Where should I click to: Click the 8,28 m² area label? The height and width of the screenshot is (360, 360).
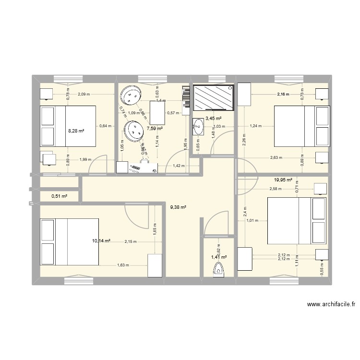tap(76, 130)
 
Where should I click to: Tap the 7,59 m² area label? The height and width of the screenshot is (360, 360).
tap(155, 129)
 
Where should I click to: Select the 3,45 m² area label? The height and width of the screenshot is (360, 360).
tap(213, 118)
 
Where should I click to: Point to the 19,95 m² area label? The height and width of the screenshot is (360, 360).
tap(283, 180)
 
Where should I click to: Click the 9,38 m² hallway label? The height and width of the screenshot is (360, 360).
tap(178, 207)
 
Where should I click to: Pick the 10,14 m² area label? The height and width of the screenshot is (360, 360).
tap(101, 240)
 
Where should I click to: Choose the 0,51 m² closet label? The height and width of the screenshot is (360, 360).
tap(59, 195)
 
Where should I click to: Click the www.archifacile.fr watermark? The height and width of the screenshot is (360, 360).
tap(331, 304)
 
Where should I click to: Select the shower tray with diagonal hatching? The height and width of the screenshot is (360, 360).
tap(214, 97)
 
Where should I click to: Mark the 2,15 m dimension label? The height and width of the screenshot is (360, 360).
tap(130, 242)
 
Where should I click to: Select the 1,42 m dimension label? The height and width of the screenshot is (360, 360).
tap(178, 166)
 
